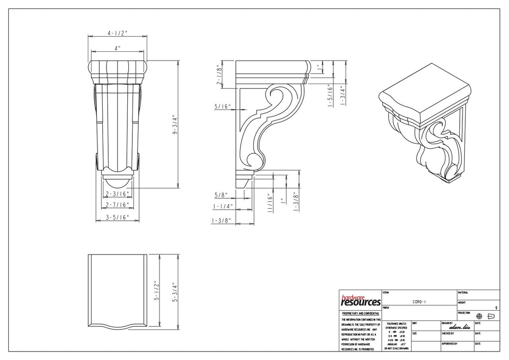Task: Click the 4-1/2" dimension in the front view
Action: click(117, 33)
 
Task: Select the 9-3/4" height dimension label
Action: click(174, 126)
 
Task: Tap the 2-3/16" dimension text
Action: click(117, 194)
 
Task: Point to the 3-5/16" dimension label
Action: click(117, 218)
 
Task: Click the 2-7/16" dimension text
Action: click(117, 205)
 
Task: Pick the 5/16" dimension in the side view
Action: click(222, 107)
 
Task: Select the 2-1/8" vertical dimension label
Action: click(220, 75)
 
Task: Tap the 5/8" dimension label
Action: click(221, 195)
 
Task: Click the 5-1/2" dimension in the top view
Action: click(156, 290)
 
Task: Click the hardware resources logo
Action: click(360, 301)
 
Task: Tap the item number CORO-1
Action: click(419, 302)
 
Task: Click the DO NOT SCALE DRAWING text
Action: click(397, 348)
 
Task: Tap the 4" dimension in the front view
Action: click(117, 48)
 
